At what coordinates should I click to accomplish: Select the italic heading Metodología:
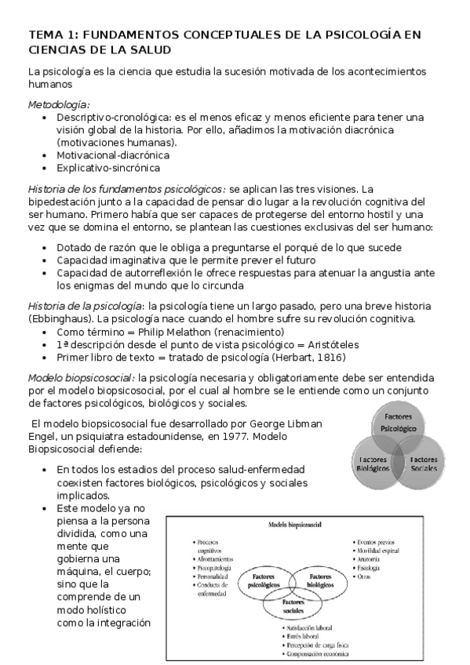[x=59, y=104]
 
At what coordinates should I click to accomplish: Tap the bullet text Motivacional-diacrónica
[x=112, y=155]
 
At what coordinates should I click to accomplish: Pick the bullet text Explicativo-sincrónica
[x=108, y=168]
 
